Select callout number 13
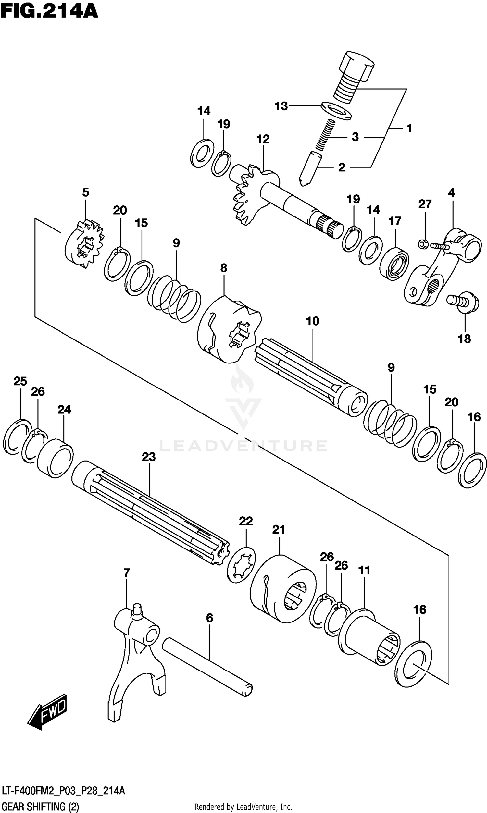click(x=281, y=106)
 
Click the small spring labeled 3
click(x=325, y=135)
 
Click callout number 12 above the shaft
click(x=263, y=139)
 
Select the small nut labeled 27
click(x=422, y=244)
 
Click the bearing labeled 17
click(x=394, y=264)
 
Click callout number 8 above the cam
click(x=223, y=268)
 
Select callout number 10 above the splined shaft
click(x=312, y=321)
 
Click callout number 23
click(x=149, y=457)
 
